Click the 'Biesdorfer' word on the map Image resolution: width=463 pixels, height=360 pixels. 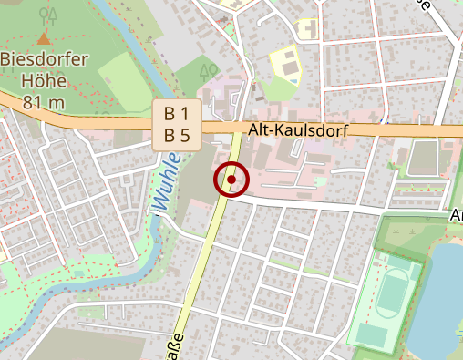[44, 59]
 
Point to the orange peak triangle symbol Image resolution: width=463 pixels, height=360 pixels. [44, 38]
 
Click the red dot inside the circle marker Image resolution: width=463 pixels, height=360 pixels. [232, 180]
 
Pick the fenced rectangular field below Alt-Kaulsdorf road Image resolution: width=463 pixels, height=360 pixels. [425, 159]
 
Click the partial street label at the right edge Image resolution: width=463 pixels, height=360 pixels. [456, 215]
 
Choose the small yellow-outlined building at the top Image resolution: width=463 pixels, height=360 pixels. [308, 29]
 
